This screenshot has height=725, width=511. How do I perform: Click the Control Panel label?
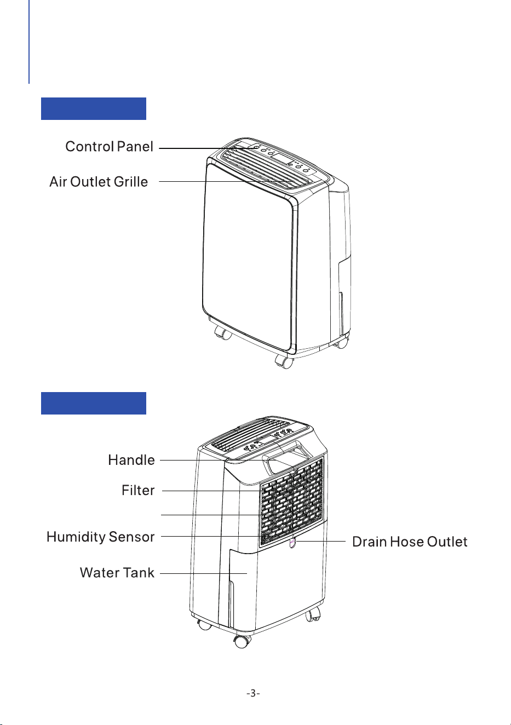[x=109, y=147]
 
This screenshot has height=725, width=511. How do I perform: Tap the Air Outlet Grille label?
[x=99, y=182]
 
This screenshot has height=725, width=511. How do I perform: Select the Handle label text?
[x=131, y=461]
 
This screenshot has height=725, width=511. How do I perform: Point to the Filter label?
[x=138, y=490]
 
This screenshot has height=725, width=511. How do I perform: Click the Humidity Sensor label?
[x=100, y=537]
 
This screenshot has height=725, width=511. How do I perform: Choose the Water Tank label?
[x=117, y=573]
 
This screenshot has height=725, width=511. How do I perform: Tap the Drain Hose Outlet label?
[x=410, y=542]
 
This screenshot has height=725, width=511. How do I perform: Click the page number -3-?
[x=253, y=693]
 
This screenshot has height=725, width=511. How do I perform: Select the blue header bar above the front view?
[x=94, y=108]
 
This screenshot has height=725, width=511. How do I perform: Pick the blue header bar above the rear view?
[x=94, y=403]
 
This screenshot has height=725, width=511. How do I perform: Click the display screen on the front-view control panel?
[x=282, y=159]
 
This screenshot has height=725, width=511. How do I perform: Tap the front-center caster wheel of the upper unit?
[x=284, y=362]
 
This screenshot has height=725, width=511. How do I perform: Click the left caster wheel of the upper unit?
[x=223, y=333]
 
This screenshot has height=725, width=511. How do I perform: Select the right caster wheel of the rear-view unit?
[x=313, y=613]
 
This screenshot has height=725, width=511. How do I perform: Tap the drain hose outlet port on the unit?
[x=292, y=543]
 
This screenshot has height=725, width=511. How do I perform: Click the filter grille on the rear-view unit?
[x=292, y=502]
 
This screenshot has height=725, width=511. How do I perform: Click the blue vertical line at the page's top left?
[x=29, y=42]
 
